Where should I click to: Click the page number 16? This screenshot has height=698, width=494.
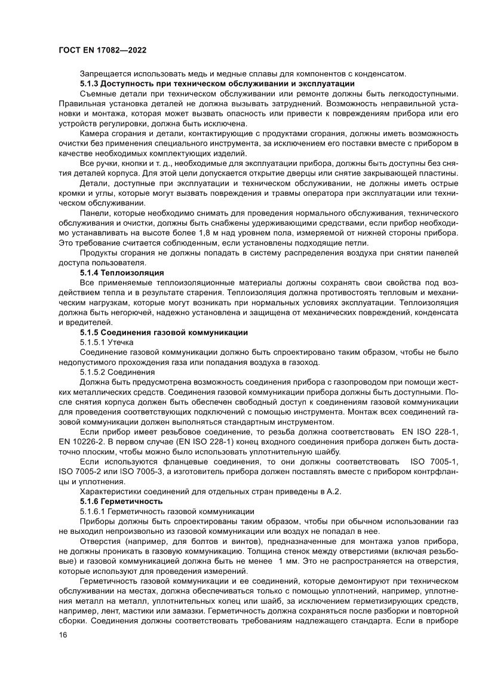[63, 651]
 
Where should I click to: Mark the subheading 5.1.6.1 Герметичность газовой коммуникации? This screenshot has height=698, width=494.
[167, 512]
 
